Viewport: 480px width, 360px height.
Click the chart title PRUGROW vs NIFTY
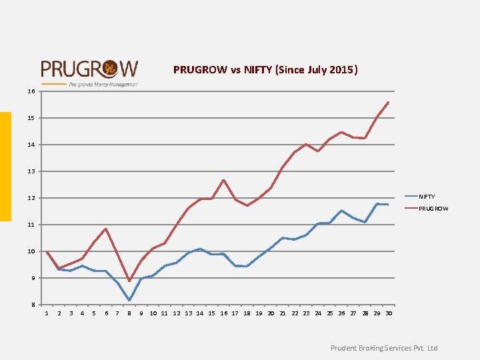[x=265, y=69]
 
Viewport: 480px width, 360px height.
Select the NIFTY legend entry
[x=427, y=197]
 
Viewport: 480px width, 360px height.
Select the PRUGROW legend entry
[x=433, y=209]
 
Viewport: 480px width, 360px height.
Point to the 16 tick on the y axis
[x=31, y=91]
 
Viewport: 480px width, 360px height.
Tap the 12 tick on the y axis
[x=31, y=198]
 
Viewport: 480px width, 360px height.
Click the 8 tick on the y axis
[x=33, y=305]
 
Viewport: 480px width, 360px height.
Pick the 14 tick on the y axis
[x=31, y=145]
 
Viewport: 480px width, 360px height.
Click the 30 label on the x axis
[x=389, y=313]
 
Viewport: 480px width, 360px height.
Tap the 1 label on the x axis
[x=46, y=313]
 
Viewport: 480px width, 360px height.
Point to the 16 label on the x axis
[x=224, y=313]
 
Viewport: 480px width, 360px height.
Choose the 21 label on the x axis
[x=283, y=313]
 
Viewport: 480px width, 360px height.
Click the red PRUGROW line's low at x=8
[x=129, y=281]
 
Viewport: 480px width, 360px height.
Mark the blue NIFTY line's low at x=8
[x=129, y=301]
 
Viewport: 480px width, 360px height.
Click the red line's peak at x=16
[x=224, y=180]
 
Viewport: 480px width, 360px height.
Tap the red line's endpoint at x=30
[x=388, y=103]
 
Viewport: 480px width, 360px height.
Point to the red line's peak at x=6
[x=105, y=229]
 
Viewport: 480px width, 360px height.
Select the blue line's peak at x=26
[x=341, y=211]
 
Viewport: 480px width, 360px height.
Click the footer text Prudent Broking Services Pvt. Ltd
[x=384, y=348]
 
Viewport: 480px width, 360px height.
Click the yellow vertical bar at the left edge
[x=5, y=166]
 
